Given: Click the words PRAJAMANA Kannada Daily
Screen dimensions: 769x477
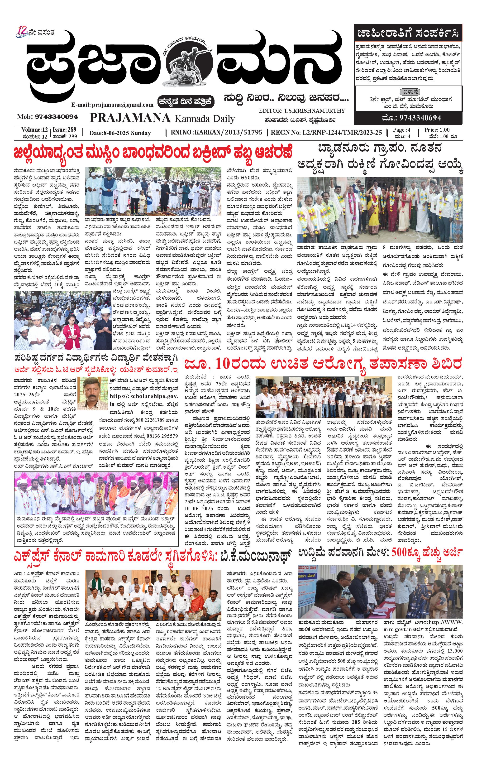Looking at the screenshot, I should click(x=162, y=118).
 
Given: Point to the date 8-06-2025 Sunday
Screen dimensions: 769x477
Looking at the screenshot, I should click(x=120, y=133).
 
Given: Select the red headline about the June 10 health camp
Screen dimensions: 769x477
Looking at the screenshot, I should click(x=323, y=364).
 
